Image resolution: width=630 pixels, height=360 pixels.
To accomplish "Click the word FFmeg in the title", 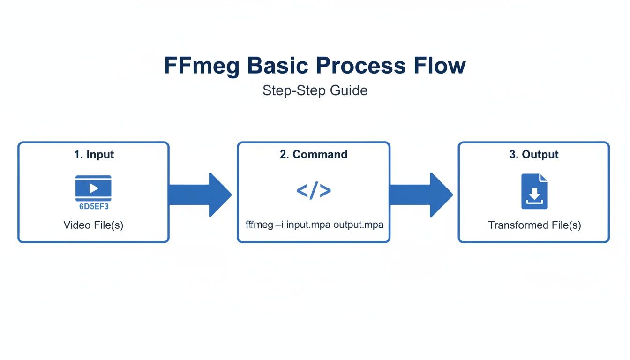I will click(202, 66).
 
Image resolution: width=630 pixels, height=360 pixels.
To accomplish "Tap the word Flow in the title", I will click(440, 66).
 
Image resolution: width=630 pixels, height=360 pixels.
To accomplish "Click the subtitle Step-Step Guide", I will click(315, 90).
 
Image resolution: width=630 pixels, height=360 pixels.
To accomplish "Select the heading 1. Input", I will click(94, 155).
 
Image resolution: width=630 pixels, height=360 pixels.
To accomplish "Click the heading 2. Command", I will click(314, 155).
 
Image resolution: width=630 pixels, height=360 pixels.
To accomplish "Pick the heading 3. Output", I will click(534, 155).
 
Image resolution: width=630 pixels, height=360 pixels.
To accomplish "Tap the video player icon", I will click(93, 188).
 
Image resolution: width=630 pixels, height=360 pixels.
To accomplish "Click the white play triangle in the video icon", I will click(94, 188).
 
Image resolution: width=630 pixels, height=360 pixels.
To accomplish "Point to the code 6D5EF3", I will click(94, 206).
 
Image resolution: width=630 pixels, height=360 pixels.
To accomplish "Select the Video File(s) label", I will click(93, 225).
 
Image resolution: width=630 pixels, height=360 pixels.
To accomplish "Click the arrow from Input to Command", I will click(200, 195).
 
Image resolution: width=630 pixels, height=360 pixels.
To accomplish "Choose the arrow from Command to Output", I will click(421, 195).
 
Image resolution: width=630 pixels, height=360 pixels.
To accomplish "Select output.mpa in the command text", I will click(358, 225).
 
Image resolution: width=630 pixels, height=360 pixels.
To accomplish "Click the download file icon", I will click(534, 191).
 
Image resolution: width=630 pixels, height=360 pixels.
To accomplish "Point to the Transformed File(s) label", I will click(534, 225).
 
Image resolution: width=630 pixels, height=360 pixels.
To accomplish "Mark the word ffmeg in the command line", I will click(259, 225).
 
